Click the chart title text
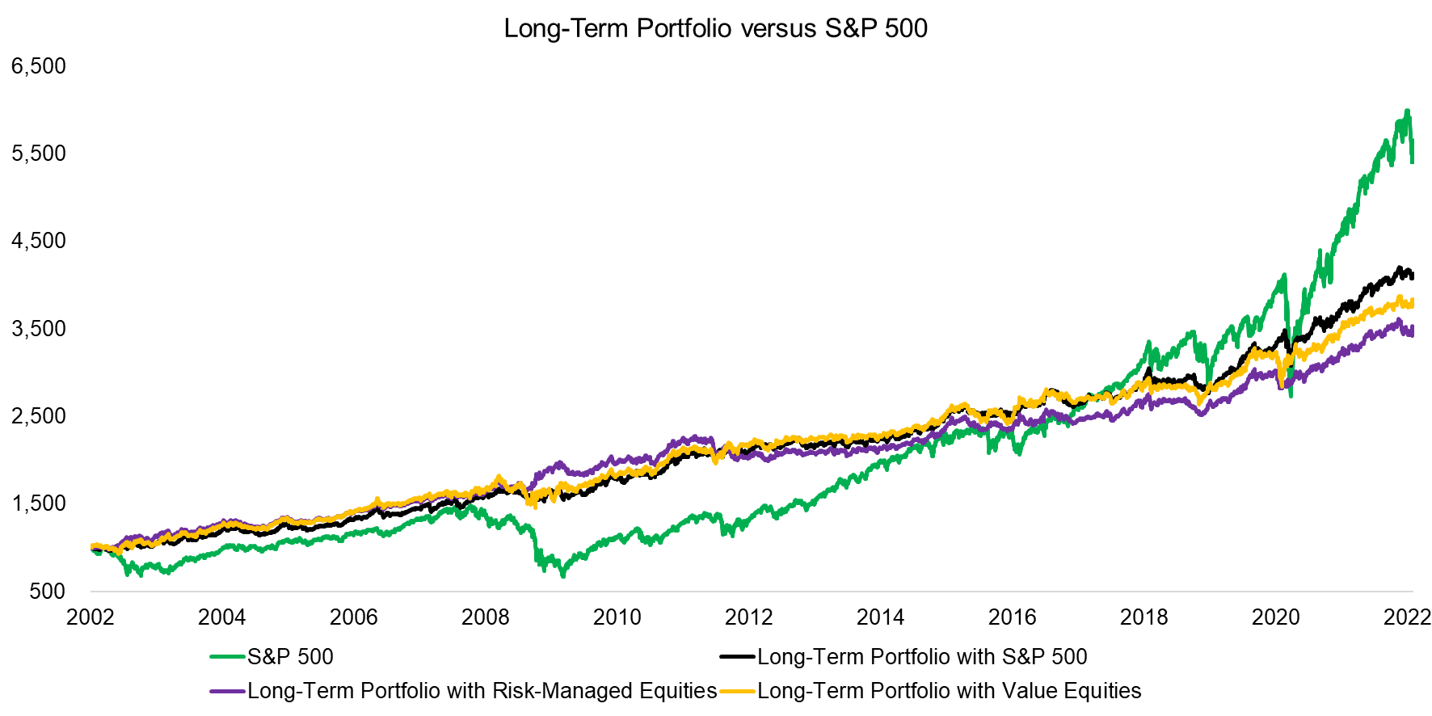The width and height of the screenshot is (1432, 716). (715, 28)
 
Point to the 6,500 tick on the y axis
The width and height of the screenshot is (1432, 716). (39, 65)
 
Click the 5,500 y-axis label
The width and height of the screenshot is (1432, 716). (39, 154)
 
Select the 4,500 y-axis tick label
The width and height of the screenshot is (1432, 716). (39, 241)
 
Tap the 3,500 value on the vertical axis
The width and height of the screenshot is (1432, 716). (39, 329)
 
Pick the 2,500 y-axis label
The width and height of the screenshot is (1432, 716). (39, 416)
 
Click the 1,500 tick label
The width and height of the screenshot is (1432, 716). (39, 503)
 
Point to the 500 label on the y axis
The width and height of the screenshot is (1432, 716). (48, 592)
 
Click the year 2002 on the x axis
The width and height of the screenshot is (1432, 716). (91, 617)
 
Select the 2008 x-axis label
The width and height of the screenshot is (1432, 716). (486, 617)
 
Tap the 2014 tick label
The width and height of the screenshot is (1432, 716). (881, 617)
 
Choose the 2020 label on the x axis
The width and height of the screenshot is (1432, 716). (1276, 617)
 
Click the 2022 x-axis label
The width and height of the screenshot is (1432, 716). (1407, 617)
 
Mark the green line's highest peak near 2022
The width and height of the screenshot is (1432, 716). (1407, 111)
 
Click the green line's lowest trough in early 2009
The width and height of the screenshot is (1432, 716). (563, 576)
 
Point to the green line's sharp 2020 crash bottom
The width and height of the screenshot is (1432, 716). (1291, 396)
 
